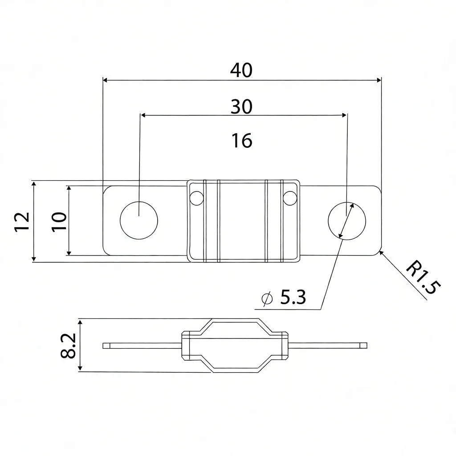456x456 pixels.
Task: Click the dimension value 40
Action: point(241,70)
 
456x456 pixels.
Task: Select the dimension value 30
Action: point(241,106)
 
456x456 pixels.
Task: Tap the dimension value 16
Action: point(242,141)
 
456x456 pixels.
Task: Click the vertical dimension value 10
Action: point(59,221)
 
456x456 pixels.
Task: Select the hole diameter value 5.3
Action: point(293,297)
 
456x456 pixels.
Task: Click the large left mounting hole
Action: point(139,220)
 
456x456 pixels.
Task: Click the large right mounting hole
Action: point(347,220)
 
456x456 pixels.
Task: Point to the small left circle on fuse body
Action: point(196,197)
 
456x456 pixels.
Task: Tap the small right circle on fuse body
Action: point(289,197)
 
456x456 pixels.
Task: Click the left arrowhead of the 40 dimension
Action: point(106,80)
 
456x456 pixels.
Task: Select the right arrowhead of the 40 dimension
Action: point(379,80)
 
